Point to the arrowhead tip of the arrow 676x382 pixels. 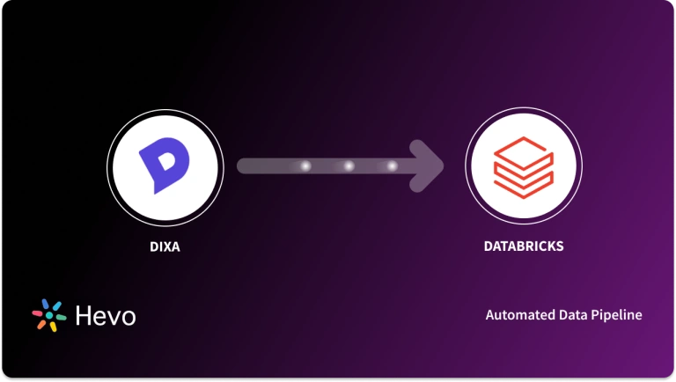coord(443,165)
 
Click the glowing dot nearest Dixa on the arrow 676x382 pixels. coord(306,165)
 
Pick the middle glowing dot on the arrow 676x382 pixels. coord(349,165)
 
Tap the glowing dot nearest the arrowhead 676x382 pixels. coord(392,165)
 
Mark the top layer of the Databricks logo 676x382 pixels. coord(523,152)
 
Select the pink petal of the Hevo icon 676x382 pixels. coord(38,312)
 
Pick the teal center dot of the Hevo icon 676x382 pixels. coord(49,316)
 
